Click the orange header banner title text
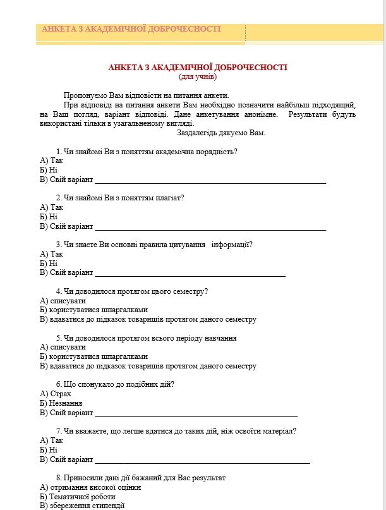131,29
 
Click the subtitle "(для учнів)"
198,76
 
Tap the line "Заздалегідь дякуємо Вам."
221,133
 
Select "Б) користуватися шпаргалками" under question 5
93,356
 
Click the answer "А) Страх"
55,394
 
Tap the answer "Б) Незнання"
61,403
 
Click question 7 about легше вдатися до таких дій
176,431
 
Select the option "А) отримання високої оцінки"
90,487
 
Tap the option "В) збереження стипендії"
82,506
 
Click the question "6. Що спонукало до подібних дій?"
115,384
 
